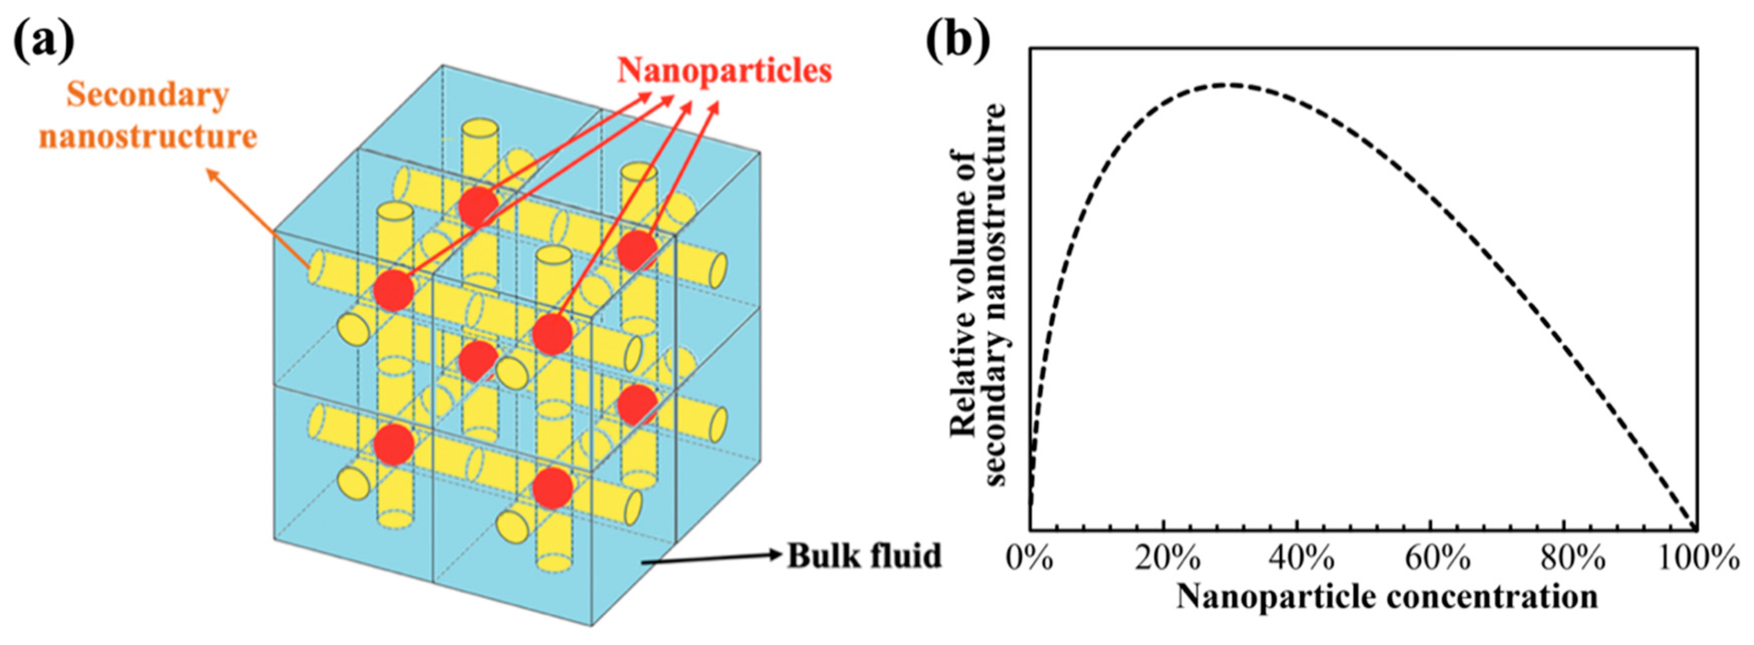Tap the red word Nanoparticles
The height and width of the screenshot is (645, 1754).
[724, 71]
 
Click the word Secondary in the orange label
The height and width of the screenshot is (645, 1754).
[147, 96]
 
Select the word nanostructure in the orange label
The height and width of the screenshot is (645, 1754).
[148, 137]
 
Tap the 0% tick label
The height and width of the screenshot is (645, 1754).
[1030, 560]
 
